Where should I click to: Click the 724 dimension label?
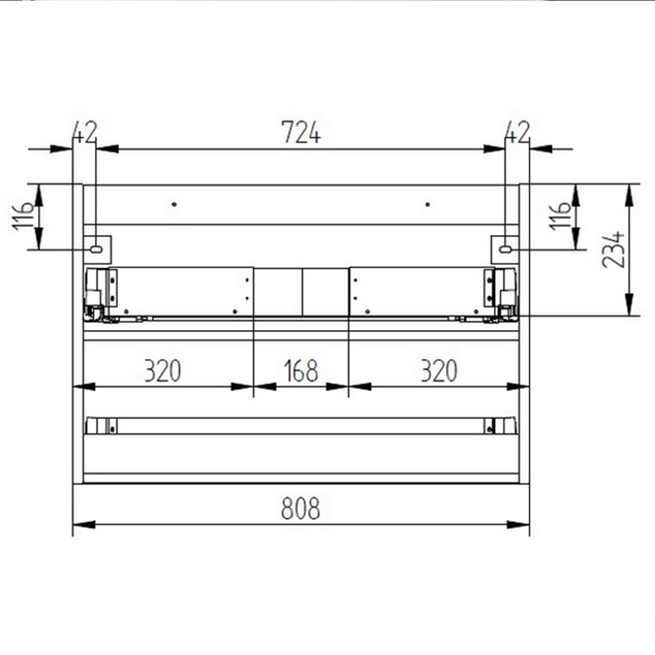tap(301, 133)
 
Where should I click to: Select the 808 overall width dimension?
tap(301, 508)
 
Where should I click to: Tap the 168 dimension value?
tap(301, 371)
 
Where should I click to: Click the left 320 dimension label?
tap(162, 371)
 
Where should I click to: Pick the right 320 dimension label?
tap(438, 371)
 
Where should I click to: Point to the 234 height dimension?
tap(614, 250)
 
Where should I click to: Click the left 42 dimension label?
tap(84, 133)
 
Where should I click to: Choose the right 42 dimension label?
tap(517, 133)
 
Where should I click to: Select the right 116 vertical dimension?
tap(561, 216)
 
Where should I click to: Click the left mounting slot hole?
tap(96, 249)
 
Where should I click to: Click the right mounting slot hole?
tap(505, 249)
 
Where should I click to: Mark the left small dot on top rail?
tap(174, 204)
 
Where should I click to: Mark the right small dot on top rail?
tap(427, 204)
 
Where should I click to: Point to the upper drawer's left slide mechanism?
tap(102, 295)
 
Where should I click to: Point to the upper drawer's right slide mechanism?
tap(500, 295)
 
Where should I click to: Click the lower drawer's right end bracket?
tap(500, 426)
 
